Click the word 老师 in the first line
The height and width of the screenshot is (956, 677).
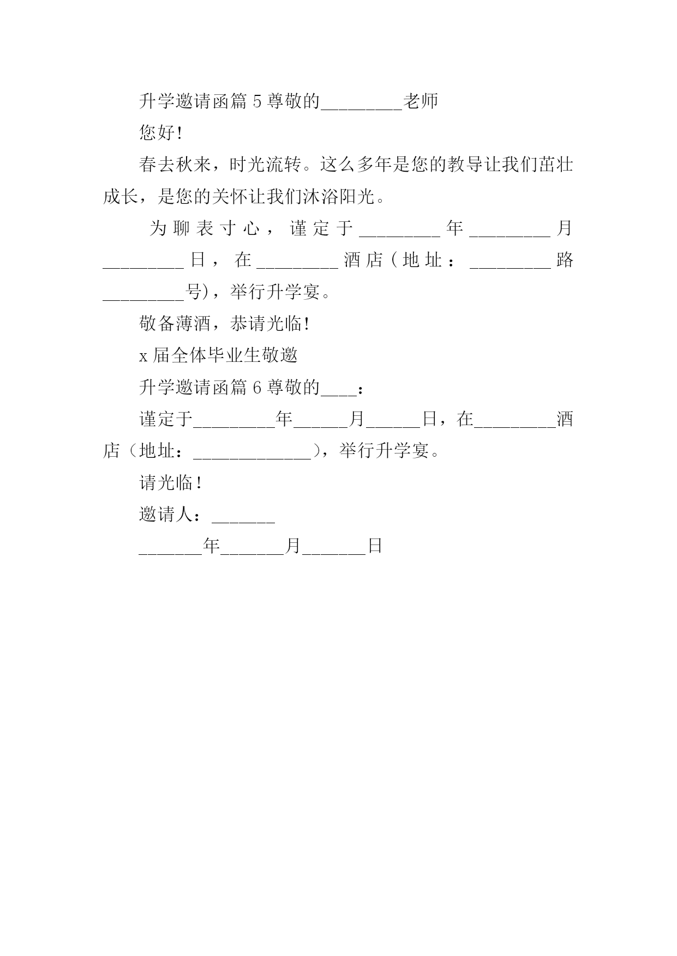[420, 101]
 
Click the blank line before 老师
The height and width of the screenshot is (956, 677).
[362, 109]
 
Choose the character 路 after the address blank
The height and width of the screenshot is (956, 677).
[565, 261]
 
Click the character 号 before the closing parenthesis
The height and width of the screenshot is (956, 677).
[194, 292]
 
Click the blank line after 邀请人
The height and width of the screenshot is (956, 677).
[243, 522]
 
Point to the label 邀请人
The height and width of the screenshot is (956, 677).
[166, 514]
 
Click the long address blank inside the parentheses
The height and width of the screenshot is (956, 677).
[252, 458]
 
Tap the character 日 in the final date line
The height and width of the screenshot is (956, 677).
[374, 546]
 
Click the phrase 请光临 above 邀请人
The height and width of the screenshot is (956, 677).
[166, 482]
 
